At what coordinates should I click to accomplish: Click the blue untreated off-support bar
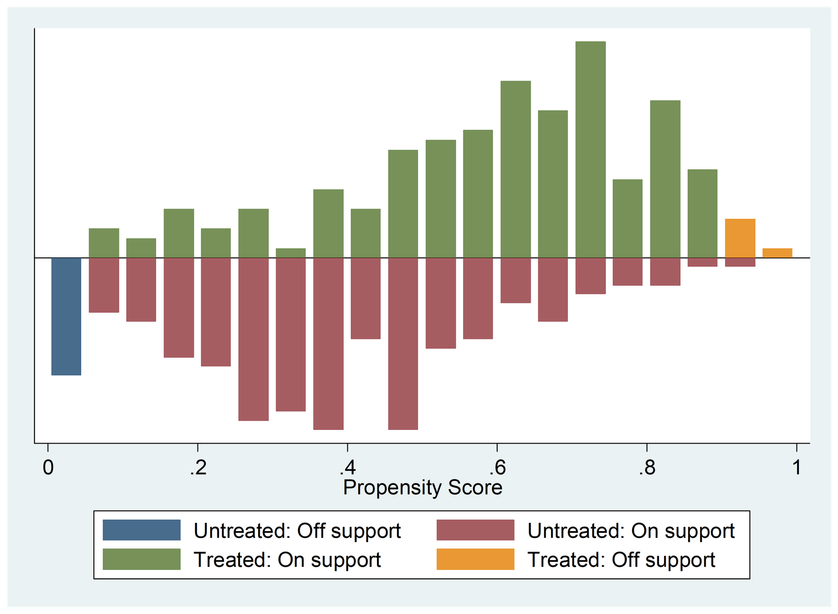67,316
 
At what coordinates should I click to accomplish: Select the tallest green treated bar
590,149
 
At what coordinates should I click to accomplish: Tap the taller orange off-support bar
740,238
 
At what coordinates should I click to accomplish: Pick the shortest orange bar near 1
777,253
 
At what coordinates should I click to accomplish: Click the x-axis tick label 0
48,467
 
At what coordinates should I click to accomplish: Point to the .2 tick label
197,467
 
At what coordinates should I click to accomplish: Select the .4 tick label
347,467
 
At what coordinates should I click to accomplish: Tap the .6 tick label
497,467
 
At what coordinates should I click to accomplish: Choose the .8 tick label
647,467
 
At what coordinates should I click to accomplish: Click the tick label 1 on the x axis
797,467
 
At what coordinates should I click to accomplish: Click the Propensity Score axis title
422,488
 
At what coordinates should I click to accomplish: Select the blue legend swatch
141,530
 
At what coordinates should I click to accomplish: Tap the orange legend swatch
475,559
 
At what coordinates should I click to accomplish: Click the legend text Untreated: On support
631,531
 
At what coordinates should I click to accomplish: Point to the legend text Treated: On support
287,560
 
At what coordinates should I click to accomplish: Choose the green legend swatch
141,559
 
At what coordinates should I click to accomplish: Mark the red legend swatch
475,530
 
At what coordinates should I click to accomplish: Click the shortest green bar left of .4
291,253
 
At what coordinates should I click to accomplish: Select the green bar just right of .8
665,179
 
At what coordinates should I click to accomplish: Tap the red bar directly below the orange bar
740,262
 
